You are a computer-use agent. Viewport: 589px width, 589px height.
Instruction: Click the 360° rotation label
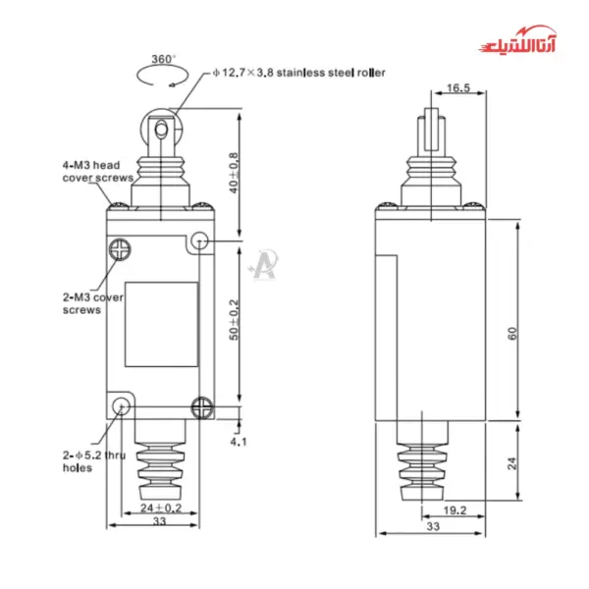[x=164, y=57]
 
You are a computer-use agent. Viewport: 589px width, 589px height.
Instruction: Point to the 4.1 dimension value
[x=239, y=442]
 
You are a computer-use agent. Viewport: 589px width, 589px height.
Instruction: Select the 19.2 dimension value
[x=454, y=509]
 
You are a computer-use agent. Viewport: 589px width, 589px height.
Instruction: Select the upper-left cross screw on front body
[x=121, y=248]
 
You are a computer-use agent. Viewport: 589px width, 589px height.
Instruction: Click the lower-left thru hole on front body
[x=121, y=405]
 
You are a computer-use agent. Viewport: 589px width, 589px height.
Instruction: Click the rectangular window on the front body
[x=161, y=324]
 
